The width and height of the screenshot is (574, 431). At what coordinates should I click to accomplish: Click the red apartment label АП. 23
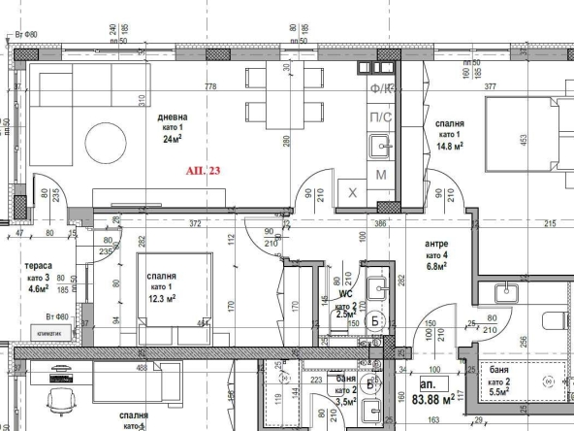coord(204,171)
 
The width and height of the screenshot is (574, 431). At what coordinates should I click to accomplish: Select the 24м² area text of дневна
coord(173,139)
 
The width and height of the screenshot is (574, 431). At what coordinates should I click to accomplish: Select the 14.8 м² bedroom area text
coord(450,147)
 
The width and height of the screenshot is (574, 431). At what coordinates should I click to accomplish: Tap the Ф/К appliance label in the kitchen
coord(381,89)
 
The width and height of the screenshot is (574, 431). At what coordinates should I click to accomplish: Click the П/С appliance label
coord(381,118)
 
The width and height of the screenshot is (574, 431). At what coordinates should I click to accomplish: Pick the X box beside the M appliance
coord(353,193)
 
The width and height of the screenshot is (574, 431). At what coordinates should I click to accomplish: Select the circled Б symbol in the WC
coord(376,321)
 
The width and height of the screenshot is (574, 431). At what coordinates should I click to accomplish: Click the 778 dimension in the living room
coord(210,87)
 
